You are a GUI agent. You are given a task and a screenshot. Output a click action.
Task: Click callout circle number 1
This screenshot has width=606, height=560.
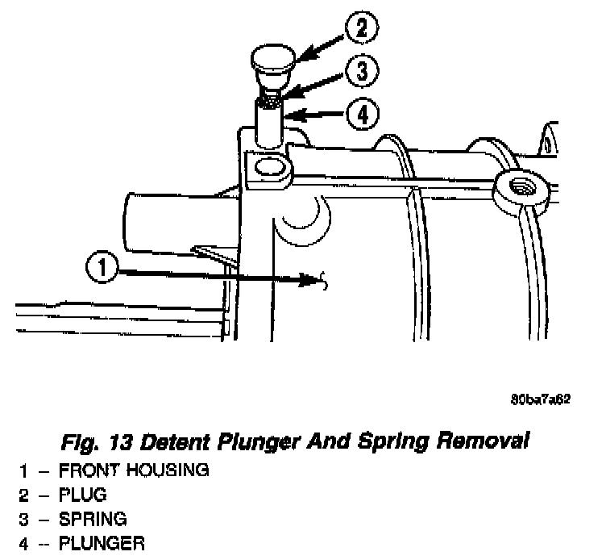click(102, 268)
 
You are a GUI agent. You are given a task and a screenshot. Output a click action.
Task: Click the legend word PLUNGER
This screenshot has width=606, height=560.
click(103, 542)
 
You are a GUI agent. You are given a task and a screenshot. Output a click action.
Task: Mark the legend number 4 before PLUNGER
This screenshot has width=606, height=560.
click(25, 542)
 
